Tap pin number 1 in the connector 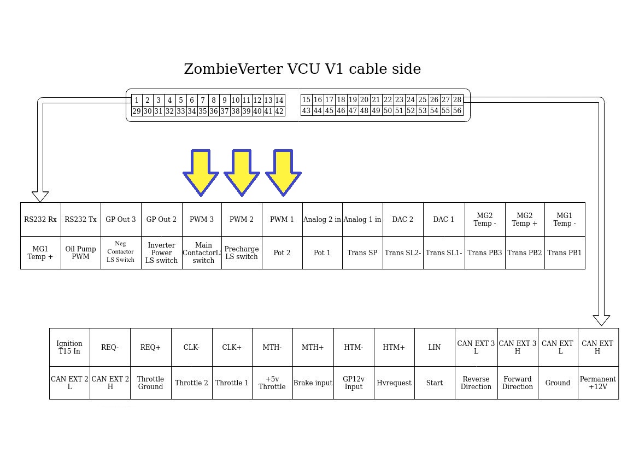click(137, 100)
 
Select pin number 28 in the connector click(457, 99)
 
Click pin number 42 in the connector click(279, 111)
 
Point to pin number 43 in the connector click(306, 110)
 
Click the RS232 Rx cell click(40, 220)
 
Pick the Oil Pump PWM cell click(80, 253)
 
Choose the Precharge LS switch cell click(242, 253)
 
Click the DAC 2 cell click(403, 220)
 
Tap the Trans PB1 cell click(565, 253)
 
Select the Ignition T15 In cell click(69, 347)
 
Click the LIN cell click(435, 347)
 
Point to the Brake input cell click(313, 383)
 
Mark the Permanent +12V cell click(598, 383)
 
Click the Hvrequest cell click(394, 383)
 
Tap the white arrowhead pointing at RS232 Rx click(40, 196)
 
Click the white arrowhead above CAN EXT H click(601, 320)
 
